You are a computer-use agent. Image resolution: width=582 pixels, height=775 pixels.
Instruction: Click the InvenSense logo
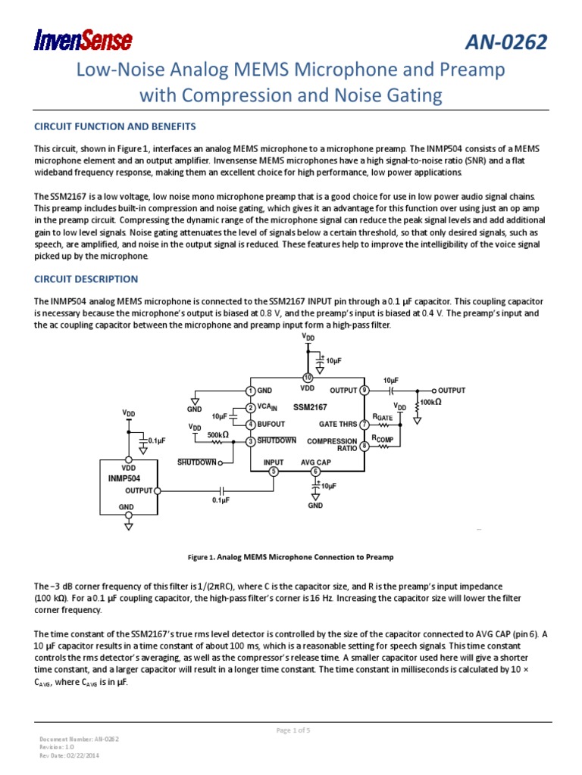tap(83, 40)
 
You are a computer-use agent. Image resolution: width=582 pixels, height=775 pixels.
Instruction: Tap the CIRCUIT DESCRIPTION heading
tap(86, 279)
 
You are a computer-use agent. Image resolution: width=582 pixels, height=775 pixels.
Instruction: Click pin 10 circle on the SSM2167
tap(308, 378)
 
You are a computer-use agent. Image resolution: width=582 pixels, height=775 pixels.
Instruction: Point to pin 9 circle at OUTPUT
tap(365, 391)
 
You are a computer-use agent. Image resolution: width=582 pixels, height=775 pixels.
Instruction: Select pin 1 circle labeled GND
tap(250, 391)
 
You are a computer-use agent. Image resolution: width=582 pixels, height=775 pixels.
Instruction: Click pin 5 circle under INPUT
tap(274, 472)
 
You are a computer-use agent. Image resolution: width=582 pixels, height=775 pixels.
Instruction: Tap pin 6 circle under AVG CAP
tap(316, 472)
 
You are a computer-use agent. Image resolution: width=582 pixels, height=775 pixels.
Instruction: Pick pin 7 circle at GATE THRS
tap(365, 425)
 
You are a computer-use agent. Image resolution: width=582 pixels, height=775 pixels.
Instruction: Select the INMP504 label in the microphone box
tap(119, 479)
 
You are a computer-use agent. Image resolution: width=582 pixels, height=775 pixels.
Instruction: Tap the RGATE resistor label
tap(383, 417)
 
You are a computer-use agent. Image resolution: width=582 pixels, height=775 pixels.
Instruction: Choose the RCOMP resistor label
tap(383, 439)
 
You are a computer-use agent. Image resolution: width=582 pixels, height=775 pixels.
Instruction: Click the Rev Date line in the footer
tap(69, 755)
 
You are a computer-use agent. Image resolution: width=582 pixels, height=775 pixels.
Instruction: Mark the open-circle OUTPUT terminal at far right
tap(433, 391)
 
